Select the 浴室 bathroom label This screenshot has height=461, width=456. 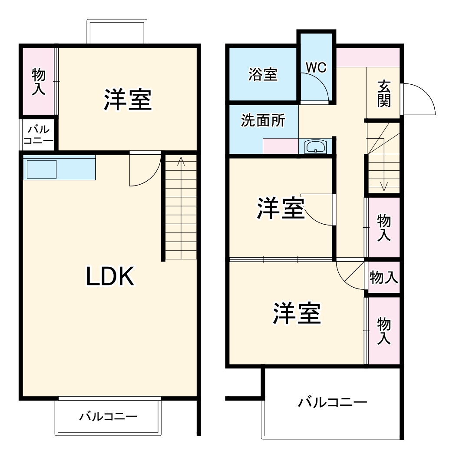coord(263,74)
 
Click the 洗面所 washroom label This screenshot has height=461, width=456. coord(263,121)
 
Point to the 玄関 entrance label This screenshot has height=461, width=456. coord(383,93)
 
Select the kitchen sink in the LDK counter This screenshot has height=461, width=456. coord(42,169)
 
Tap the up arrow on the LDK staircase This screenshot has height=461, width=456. coord(181,163)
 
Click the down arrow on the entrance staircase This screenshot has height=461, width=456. coord(384,186)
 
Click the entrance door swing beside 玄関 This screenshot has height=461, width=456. coord(418,99)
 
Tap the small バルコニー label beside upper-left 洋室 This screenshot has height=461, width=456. coord(39,135)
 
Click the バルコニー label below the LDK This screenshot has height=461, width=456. coord(108,417)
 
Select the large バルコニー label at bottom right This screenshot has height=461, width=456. coord(332,402)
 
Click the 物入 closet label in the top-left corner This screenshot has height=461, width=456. coord(39,81)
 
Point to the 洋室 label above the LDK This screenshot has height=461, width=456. coord(127,99)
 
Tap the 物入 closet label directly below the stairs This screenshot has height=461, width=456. coord(384,227)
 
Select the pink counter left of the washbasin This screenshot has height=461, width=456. coord(281,147)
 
